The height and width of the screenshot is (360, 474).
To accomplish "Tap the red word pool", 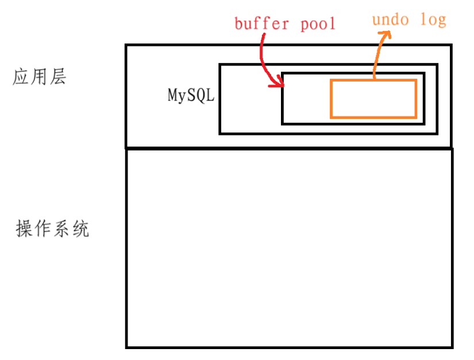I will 318,24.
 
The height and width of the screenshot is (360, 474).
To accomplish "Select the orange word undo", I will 391,21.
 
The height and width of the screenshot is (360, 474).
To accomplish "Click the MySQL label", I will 191,95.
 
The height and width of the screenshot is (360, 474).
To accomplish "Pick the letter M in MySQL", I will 172,95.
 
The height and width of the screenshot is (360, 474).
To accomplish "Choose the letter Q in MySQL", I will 200,95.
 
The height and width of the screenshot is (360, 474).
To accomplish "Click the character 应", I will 21,77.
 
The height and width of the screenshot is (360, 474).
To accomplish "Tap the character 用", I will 39,77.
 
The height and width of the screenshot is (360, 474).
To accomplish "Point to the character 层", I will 57,77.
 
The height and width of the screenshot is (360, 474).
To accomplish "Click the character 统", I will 80,230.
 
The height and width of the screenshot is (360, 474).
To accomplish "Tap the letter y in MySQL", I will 182,96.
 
